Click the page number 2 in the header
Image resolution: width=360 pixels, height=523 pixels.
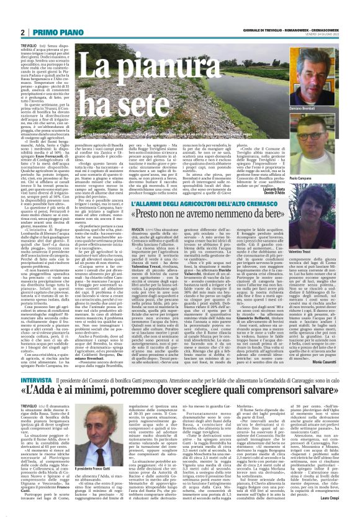click(x=22, y=32)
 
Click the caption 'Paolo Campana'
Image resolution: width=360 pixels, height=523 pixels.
click(x=318, y=158)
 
